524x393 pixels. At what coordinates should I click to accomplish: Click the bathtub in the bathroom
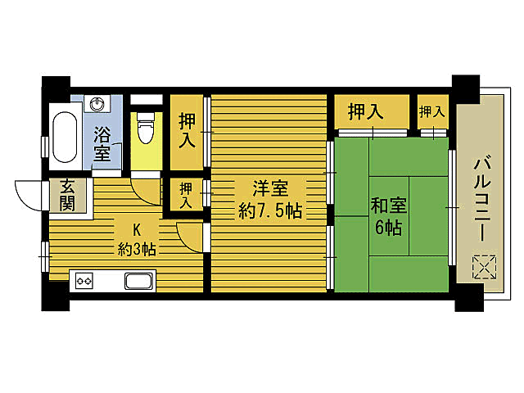[x=64, y=135]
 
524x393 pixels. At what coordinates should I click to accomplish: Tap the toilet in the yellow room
[x=146, y=129]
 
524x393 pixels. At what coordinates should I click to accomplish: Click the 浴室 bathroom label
[x=102, y=143]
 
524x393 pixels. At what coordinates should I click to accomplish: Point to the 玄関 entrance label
[x=65, y=195]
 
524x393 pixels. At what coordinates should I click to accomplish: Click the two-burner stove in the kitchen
[x=83, y=281]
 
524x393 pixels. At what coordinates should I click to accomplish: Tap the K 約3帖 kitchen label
[x=137, y=239]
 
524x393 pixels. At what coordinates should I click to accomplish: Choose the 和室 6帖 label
[x=388, y=215]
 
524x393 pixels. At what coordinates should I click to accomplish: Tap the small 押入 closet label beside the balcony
[x=432, y=111]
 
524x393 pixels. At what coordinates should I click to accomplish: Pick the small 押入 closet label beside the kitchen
[x=187, y=196]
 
